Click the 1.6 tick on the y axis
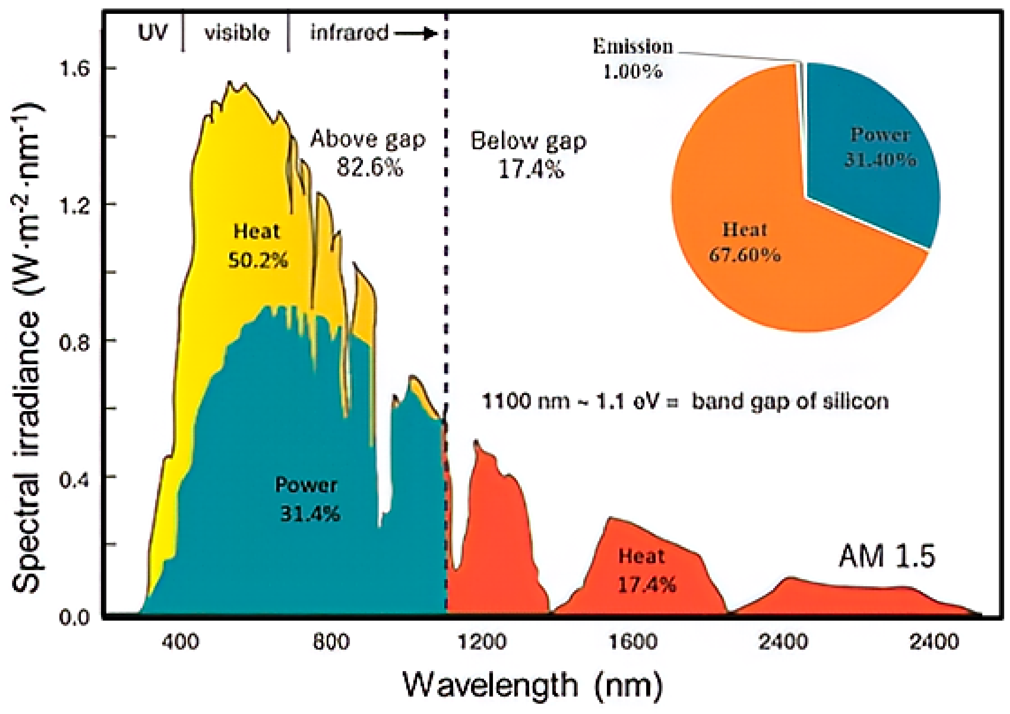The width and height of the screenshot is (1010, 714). click(x=75, y=69)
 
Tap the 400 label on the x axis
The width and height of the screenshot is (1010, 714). click(x=180, y=642)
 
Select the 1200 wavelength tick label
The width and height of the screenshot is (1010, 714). click(x=482, y=642)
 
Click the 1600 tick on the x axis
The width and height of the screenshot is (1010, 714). click(x=633, y=642)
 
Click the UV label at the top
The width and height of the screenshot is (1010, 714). click(x=153, y=32)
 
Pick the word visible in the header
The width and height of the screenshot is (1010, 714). click(x=237, y=33)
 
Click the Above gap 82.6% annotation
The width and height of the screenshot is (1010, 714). click(x=368, y=153)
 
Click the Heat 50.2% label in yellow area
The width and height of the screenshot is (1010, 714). click(x=257, y=246)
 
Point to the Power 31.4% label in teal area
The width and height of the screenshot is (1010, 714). click(x=307, y=499)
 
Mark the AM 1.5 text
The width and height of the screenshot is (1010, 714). click(x=887, y=556)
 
